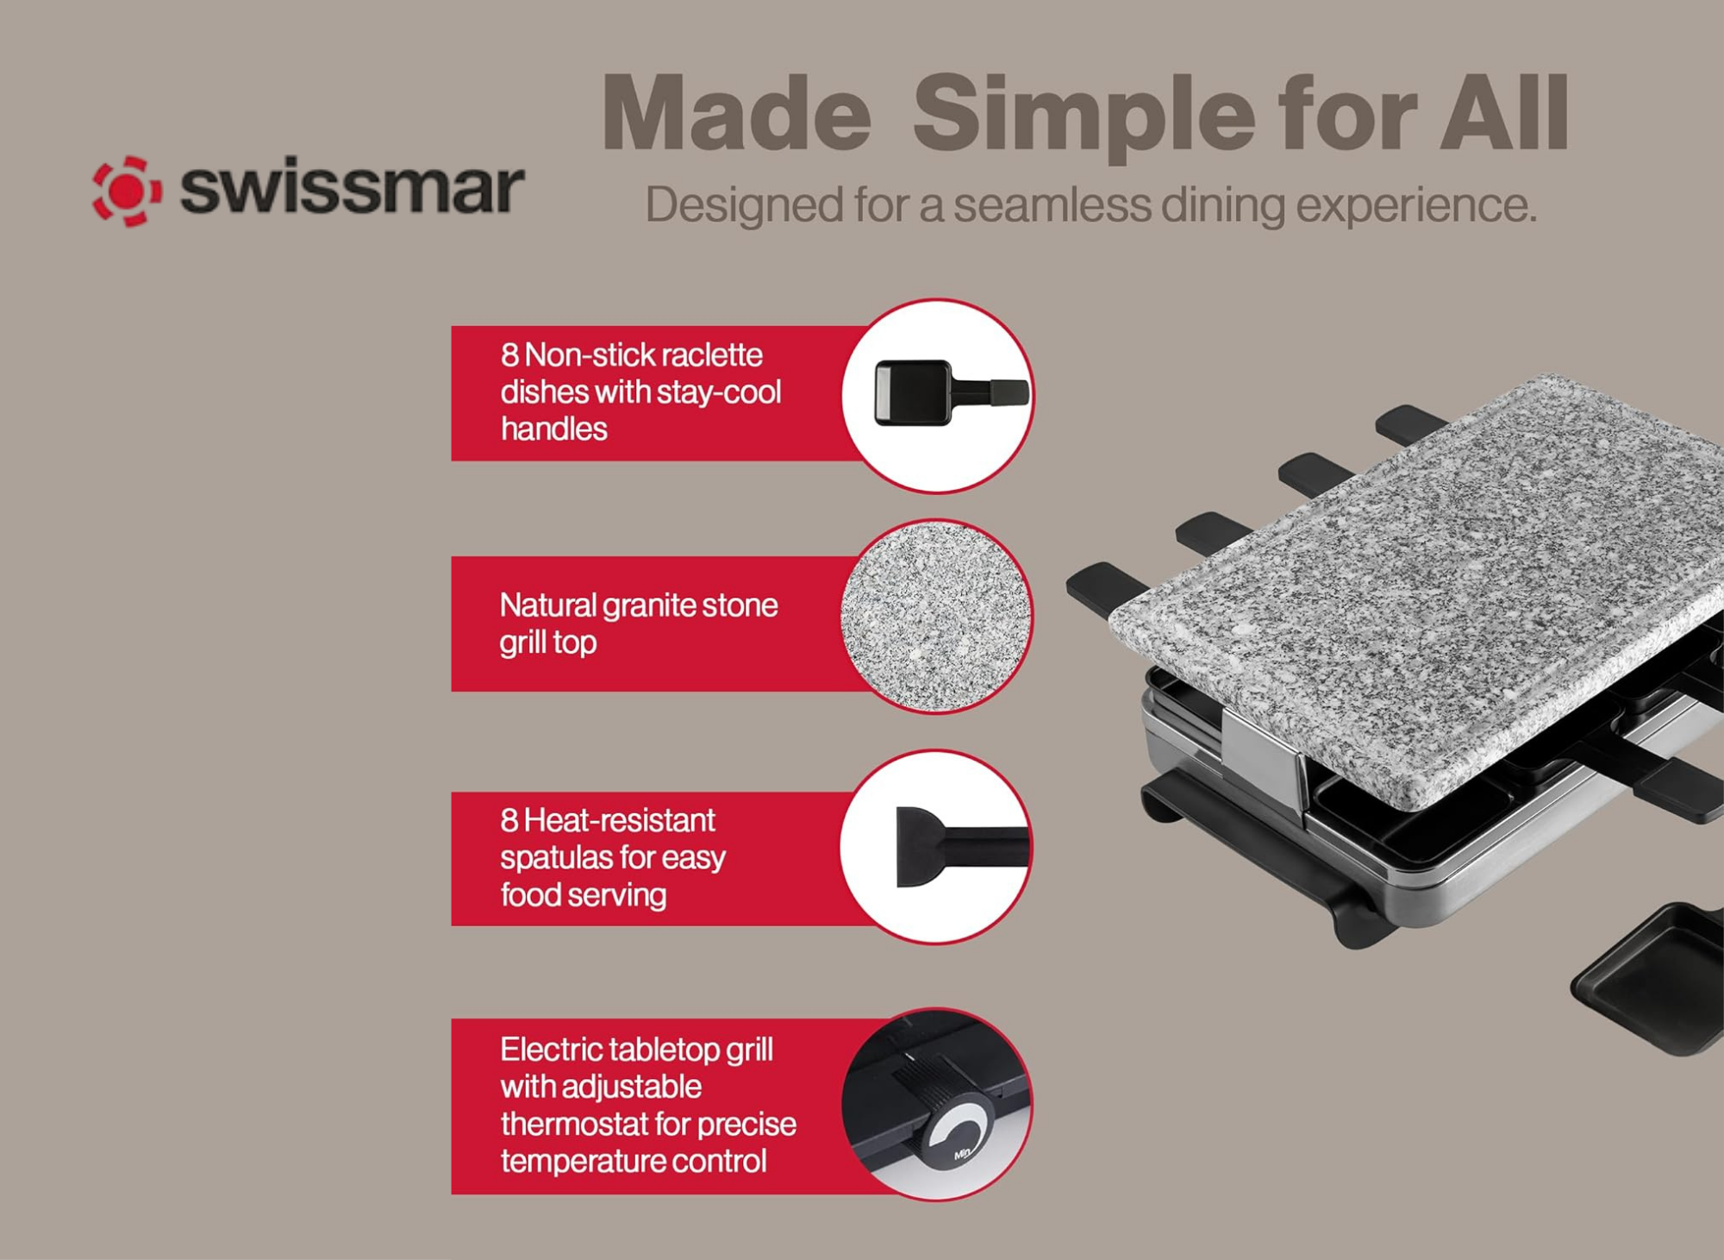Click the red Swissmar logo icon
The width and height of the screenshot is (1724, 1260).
tap(127, 191)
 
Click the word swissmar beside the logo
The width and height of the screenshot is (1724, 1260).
tap(352, 188)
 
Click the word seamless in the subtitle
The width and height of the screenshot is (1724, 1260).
tap(1053, 206)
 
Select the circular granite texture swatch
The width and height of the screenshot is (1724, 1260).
tap(936, 617)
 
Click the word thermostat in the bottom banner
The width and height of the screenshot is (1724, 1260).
tap(572, 1125)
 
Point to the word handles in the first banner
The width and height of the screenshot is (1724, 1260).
tap(553, 429)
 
